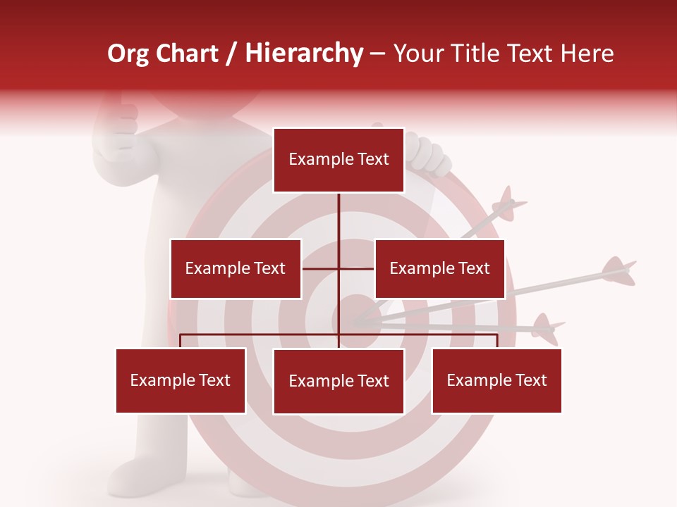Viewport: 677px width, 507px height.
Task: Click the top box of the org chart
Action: click(x=338, y=160)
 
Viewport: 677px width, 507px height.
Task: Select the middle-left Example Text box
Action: click(x=236, y=268)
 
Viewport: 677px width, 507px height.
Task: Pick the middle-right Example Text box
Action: click(x=439, y=268)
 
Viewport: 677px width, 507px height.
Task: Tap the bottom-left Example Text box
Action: click(x=181, y=380)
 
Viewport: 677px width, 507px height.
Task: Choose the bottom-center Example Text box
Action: click(x=338, y=381)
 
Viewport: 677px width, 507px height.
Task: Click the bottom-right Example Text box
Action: click(x=496, y=380)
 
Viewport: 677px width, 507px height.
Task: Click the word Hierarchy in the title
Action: click(x=304, y=54)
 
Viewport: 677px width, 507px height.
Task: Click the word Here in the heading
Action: click(x=585, y=54)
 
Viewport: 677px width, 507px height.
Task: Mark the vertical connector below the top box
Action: click(x=338, y=215)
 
